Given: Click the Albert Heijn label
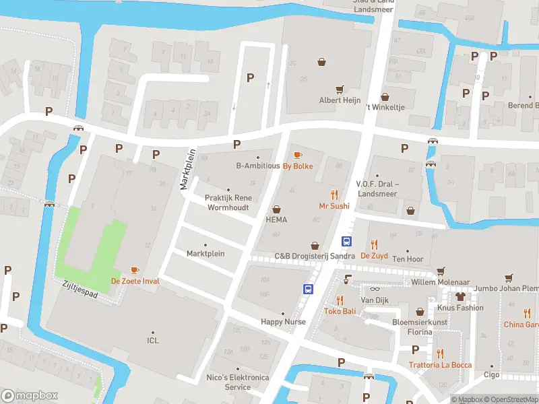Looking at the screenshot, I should pyautogui.click(x=340, y=100).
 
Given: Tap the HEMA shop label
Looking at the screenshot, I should pyautogui.click(x=276, y=220).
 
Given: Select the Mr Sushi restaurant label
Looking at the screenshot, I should pyautogui.click(x=334, y=206).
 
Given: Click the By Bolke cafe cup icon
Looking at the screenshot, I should pyautogui.click(x=298, y=156).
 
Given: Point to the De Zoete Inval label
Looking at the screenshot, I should pyautogui.click(x=135, y=281).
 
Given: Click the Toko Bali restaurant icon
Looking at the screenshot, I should pyautogui.click(x=340, y=300).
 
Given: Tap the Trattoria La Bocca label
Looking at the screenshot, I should pyautogui.click(x=440, y=365).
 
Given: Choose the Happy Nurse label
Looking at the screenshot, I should pyautogui.click(x=283, y=322).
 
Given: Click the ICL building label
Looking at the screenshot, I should pyautogui.click(x=153, y=341).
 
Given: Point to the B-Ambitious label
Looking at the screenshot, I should pyautogui.click(x=257, y=166).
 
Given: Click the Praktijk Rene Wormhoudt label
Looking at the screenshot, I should pyautogui.click(x=228, y=203).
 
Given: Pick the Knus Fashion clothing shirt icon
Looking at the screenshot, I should pyautogui.click(x=460, y=296).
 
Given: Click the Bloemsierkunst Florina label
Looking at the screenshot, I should pyautogui.click(x=420, y=327).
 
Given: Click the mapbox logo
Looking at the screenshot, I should pyautogui.click(x=30, y=396).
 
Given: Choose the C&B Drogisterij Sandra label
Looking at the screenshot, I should pyautogui.click(x=315, y=256).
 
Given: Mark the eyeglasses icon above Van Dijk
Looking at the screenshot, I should pyautogui.click(x=375, y=288).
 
